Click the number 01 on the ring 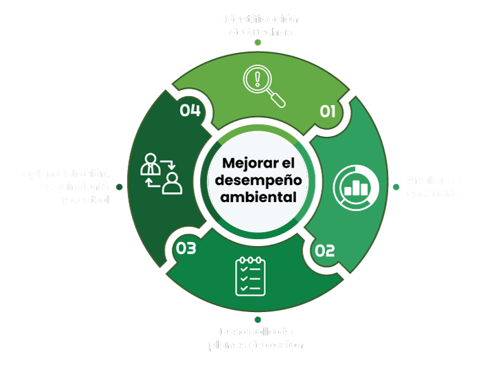(x=327, y=111)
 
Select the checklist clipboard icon (x=250, y=276)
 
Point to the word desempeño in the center (x=258, y=181)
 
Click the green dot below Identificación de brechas (x=258, y=43)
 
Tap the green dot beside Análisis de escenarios (x=395, y=186)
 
